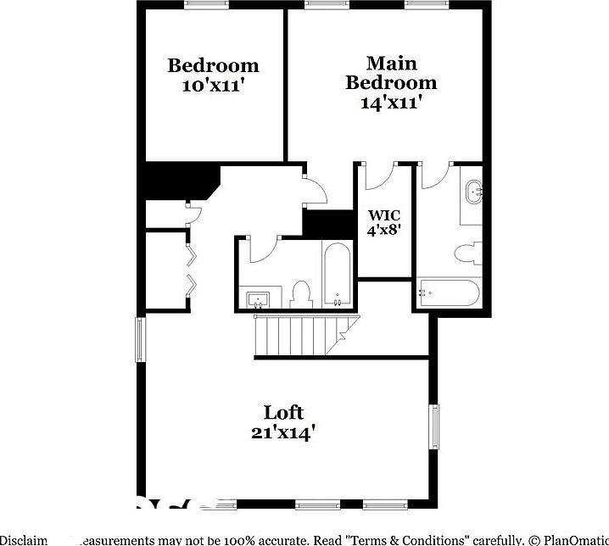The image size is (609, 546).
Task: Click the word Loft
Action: point(283,413)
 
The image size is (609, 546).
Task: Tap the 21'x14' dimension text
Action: point(283,432)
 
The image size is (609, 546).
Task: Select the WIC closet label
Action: point(384,215)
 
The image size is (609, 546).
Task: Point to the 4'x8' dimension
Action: point(384,229)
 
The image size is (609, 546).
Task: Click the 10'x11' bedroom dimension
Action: point(212,85)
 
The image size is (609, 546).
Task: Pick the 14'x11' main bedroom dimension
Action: point(390,102)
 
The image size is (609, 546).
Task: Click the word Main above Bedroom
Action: point(390,64)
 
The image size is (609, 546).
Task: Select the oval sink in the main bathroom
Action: point(473,192)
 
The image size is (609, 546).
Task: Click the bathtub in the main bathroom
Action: point(450,294)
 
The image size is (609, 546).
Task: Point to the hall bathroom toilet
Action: point(301,293)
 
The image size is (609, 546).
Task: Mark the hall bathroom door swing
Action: point(265,248)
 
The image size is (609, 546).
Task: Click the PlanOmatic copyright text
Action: point(568,539)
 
